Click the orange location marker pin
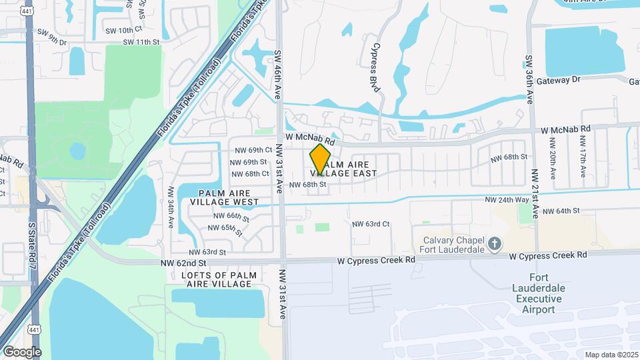tap(321, 159)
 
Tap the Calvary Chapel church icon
tap(494, 245)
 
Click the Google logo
tap(21, 351)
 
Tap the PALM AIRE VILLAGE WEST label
tap(224, 197)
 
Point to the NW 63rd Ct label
tap(371, 224)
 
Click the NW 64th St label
tap(562, 211)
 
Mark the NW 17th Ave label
tap(582, 157)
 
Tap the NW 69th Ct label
tap(250, 150)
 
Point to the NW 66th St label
tap(231, 217)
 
